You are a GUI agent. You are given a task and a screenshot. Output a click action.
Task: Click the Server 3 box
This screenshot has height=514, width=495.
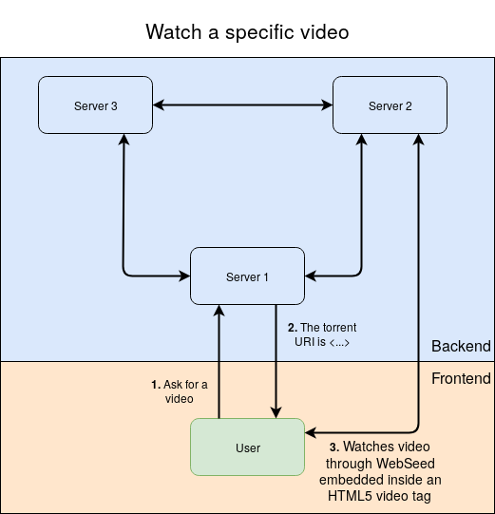click(95, 105)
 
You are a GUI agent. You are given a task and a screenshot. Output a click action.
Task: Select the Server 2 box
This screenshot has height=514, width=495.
click(390, 105)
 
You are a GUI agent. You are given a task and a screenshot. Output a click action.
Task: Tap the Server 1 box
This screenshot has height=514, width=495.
click(247, 276)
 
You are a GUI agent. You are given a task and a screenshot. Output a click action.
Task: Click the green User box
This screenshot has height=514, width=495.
click(247, 447)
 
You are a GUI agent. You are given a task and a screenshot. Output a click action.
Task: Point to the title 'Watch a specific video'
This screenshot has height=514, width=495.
click(247, 32)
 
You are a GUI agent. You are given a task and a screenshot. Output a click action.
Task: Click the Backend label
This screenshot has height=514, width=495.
click(461, 346)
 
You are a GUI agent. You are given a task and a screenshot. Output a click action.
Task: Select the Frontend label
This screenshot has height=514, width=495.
click(461, 378)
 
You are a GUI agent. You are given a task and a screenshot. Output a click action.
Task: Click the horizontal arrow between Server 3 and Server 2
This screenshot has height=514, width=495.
click(242, 105)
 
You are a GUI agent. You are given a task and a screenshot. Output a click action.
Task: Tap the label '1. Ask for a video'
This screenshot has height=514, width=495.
click(179, 391)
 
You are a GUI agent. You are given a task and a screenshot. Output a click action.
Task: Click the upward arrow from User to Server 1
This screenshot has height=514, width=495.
click(219, 361)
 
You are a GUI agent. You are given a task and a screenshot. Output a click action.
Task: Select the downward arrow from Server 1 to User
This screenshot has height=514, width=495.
click(276, 361)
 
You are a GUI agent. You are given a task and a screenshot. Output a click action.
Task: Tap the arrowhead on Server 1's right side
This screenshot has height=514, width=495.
click(311, 276)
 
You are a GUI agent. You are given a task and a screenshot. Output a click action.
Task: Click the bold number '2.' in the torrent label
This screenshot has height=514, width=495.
click(292, 328)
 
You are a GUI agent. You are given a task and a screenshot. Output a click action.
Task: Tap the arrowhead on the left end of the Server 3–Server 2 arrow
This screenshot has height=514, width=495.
click(159, 105)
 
